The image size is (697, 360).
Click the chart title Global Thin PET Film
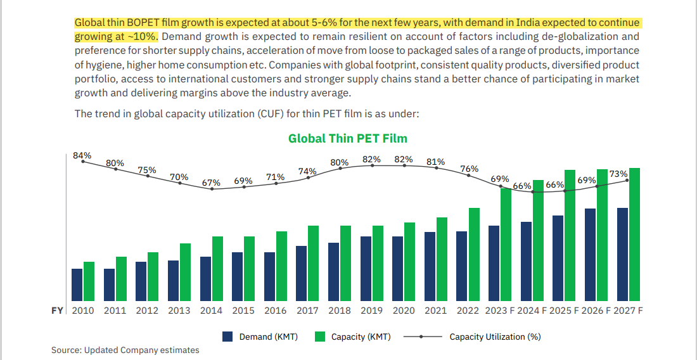point(347,138)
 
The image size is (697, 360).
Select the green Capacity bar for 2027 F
point(634,235)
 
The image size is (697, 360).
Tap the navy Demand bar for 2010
point(77,285)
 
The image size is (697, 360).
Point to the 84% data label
point(82,155)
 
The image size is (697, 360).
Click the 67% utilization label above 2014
point(211,183)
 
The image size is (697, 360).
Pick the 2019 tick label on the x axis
point(371,311)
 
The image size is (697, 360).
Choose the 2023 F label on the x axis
point(500,311)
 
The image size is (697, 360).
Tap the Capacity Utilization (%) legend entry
point(495,337)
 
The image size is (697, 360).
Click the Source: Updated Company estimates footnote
point(125,350)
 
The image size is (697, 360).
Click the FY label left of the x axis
point(57,311)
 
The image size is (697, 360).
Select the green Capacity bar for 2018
point(346,263)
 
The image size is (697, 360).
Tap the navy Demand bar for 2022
point(462,266)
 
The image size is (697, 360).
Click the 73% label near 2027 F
point(618,174)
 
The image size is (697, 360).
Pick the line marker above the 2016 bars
point(276,184)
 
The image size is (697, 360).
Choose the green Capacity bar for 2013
point(185,272)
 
